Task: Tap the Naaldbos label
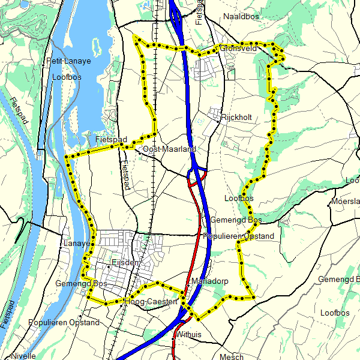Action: [241, 17]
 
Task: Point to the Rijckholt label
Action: [236, 118]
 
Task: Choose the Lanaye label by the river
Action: [76, 244]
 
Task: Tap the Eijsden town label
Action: [125, 263]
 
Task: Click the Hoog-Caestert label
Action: [154, 302]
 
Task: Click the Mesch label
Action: [232, 357]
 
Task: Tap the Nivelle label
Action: [23, 355]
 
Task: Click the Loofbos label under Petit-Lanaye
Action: [66, 77]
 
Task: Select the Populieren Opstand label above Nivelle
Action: [64, 323]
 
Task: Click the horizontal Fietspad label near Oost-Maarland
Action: [111, 140]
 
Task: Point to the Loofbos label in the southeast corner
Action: [335, 313]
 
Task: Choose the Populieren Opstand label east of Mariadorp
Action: [239, 236]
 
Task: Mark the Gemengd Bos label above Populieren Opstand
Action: [236, 220]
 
